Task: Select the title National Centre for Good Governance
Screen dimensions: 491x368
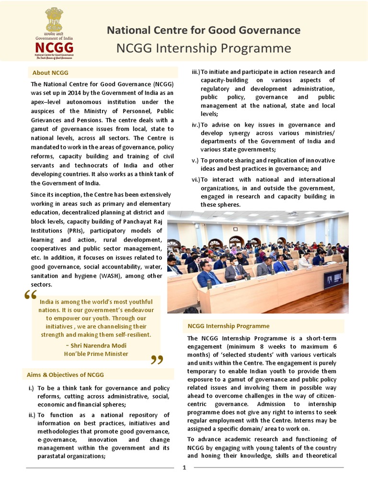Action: [x=204, y=31]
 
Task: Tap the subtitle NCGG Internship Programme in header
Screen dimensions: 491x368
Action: [x=204, y=48]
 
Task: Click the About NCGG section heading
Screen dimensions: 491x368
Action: [x=50, y=73]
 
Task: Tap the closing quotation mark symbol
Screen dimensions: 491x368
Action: [x=157, y=360]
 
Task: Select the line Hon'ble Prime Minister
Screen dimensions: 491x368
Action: [x=96, y=354]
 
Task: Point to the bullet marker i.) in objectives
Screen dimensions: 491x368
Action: [x=31, y=388]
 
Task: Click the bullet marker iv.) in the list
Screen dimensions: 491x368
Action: [x=195, y=125]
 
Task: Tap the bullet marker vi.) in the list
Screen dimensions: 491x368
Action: [x=195, y=180]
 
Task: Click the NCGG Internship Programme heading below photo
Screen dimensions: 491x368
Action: [x=228, y=326]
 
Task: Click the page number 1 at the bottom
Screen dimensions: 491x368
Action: [x=184, y=468]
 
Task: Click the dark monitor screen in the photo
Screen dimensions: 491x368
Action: [x=333, y=279]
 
